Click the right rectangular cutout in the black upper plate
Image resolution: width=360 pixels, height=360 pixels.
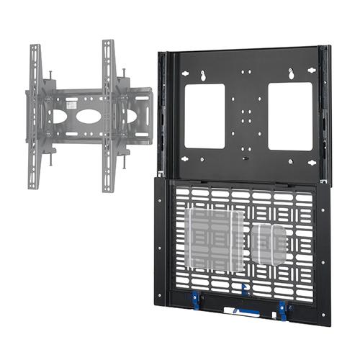point(290,116)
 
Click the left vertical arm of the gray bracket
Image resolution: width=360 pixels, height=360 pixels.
point(34,115)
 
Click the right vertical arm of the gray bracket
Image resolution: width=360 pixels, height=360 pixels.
point(108,115)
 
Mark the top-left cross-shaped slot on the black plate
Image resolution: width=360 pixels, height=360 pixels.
point(185,73)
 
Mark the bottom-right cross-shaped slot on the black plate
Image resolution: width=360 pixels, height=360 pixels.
point(311,160)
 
